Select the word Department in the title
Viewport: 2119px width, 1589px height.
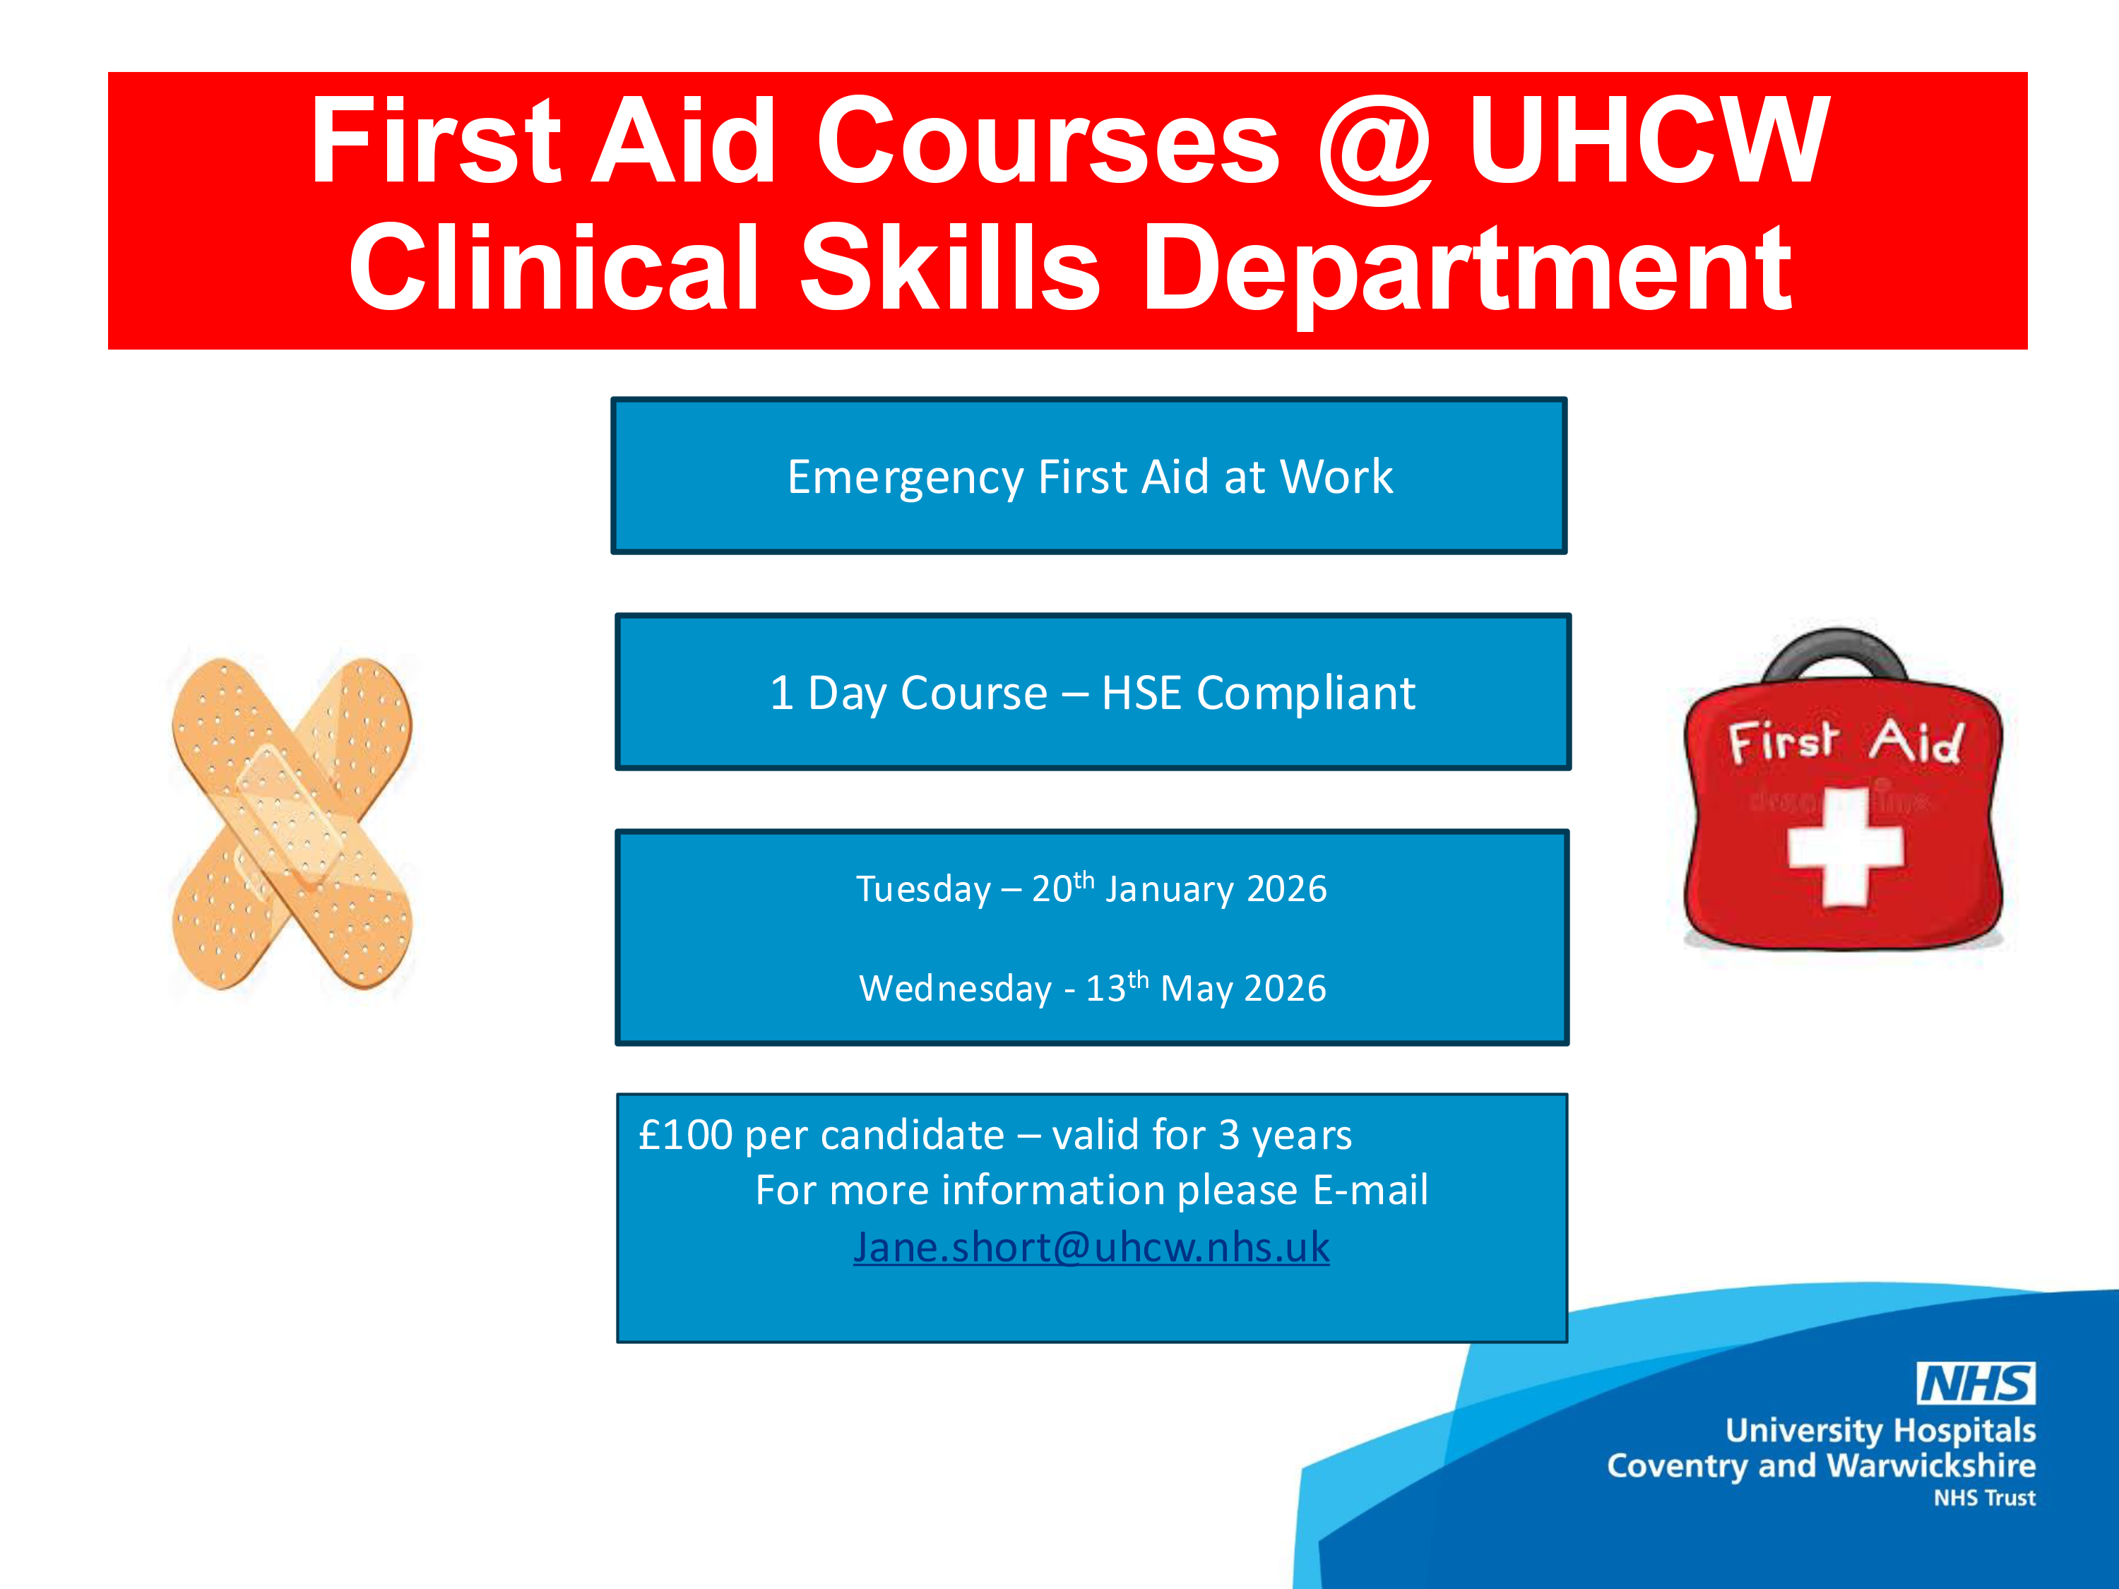(1466, 270)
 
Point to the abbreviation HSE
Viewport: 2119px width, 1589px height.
(1141, 693)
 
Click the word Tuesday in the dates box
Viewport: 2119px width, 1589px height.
(922, 890)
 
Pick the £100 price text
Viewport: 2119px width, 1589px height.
(686, 1136)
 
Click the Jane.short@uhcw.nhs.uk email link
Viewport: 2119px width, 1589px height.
(1091, 1248)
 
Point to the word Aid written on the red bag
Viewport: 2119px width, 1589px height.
(1916, 742)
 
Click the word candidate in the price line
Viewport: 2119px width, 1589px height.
(912, 1136)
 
